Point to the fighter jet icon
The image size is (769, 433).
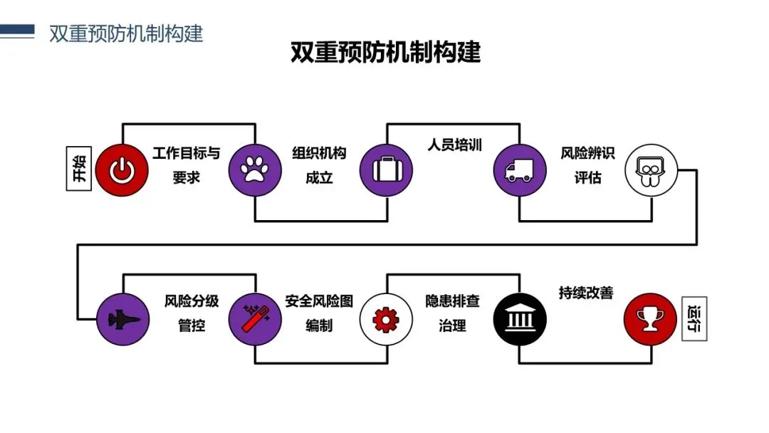pos(122,318)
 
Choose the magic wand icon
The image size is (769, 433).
pos(254,318)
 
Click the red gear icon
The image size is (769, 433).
pos(387,318)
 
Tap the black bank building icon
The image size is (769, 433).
pos(519,318)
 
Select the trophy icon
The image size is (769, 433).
pos(651,318)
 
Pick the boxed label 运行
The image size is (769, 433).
pos(694,318)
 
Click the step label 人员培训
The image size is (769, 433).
pos(455,145)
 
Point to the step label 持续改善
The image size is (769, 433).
pos(586,293)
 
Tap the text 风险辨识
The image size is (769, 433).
pos(587,154)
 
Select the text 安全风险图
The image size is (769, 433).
pos(319,301)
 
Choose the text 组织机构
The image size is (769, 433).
pos(319,154)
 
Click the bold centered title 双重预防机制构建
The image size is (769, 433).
pos(385,53)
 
